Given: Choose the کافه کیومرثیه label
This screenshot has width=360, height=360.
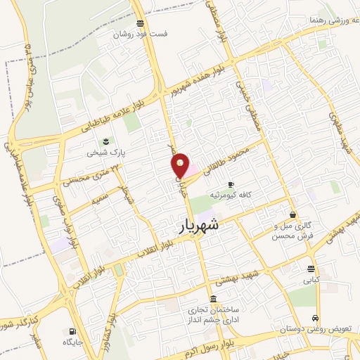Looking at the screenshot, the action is pos(233,194).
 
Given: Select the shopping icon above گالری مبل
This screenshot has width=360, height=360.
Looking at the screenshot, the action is pos(293,214).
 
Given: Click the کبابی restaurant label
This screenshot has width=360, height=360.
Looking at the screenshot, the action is pos(311,279).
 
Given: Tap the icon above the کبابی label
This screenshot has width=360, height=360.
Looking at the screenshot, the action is pos(311,269).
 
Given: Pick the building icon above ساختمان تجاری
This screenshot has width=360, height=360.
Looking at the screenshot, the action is pos(213,298).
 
